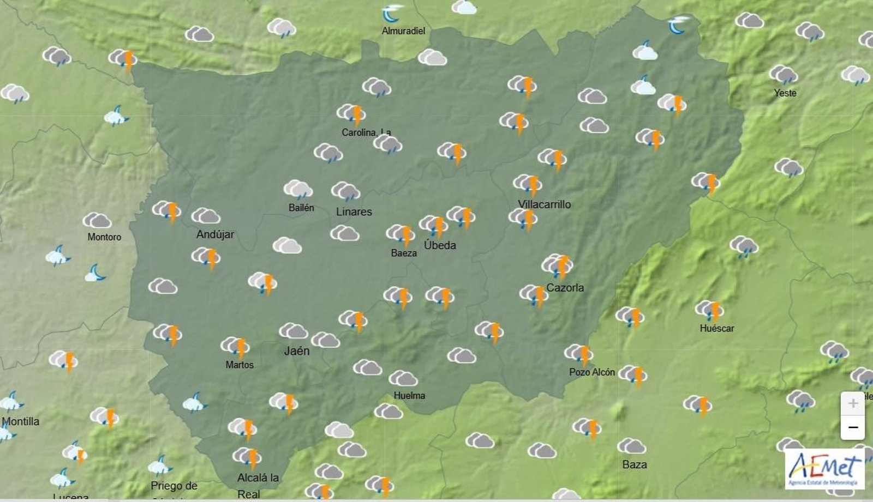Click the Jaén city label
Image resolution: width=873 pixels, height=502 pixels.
(x=297, y=351)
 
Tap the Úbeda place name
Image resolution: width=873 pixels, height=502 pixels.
(x=440, y=245)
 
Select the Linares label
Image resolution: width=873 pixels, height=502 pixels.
(x=354, y=212)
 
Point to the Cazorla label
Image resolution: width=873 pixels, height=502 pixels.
(x=565, y=288)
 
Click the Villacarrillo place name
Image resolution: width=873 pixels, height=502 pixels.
(x=544, y=204)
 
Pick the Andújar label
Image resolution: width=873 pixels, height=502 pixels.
(x=215, y=234)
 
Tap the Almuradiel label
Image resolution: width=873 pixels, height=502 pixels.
(x=403, y=31)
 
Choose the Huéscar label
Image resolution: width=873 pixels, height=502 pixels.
(x=717, y=329)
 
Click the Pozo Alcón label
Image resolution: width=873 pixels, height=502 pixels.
(x=592, y=372)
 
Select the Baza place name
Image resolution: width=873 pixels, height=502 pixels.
(x=635, y=464)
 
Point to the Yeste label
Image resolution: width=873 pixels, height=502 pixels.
(x=785, y=93)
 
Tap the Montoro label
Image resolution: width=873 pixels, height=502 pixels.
(x=104, y=237)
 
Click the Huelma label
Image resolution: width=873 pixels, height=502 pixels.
(x=409, y=396)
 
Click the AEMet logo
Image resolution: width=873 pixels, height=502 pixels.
(x=824, y=469)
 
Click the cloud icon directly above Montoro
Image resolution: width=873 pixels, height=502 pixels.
(x=97, y=220)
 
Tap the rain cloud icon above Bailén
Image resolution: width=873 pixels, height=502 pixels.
(x=298, y=189)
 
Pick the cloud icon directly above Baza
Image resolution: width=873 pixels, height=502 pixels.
(x=631, y=446)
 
